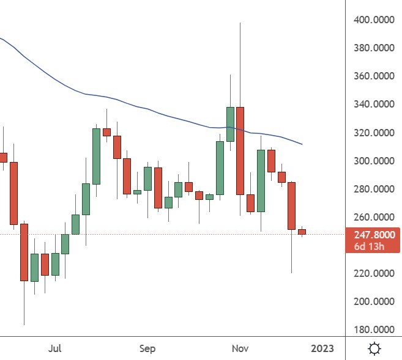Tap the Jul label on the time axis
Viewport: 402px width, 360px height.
[55, 348]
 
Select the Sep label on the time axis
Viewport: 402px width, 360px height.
[147, 348]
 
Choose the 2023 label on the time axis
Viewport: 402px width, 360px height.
[322, 348]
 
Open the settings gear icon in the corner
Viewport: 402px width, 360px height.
[374, 348]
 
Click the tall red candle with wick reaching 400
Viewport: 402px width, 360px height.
[240, 150]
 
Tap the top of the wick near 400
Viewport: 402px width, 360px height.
[240, 23]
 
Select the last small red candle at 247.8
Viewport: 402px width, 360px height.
[302, 232]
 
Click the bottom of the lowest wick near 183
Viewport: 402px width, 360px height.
[24, 325]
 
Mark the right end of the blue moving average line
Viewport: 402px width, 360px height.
[302, 145]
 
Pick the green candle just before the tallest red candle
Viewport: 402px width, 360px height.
[230, 124]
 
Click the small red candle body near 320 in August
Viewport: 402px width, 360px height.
[106, 132]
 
